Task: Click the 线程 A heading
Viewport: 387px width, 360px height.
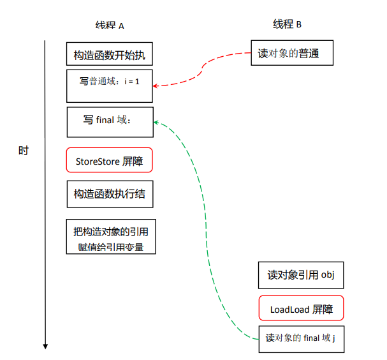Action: (x=109, y=26)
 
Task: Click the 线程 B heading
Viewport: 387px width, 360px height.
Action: (x=288, y=25)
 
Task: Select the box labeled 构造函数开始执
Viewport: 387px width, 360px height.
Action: (x=110, y=54)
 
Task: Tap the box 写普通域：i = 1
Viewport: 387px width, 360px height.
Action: (x=110, y=86)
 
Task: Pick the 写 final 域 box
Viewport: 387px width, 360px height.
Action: (x=110, y=121)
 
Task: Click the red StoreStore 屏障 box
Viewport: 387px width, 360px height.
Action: (x=110, y=160)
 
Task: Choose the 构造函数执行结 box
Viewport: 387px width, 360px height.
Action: (x=110, y=194)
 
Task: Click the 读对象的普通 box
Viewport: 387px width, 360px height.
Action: (x=292, y=54)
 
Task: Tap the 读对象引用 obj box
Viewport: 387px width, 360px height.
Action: (x=301, y=276)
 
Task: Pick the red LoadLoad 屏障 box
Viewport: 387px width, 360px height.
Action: (x=301, y=309)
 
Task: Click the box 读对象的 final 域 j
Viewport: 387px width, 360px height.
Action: (x=301, y=338)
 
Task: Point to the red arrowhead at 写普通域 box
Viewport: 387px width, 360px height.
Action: (x=156, y=86)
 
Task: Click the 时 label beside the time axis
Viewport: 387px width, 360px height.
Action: (x=23, y=151)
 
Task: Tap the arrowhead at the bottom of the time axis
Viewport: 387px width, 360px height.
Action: (x=46, y=345)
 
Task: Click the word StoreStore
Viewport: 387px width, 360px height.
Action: (x=98, y=161)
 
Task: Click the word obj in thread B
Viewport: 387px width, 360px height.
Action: (x=326, y=276)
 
